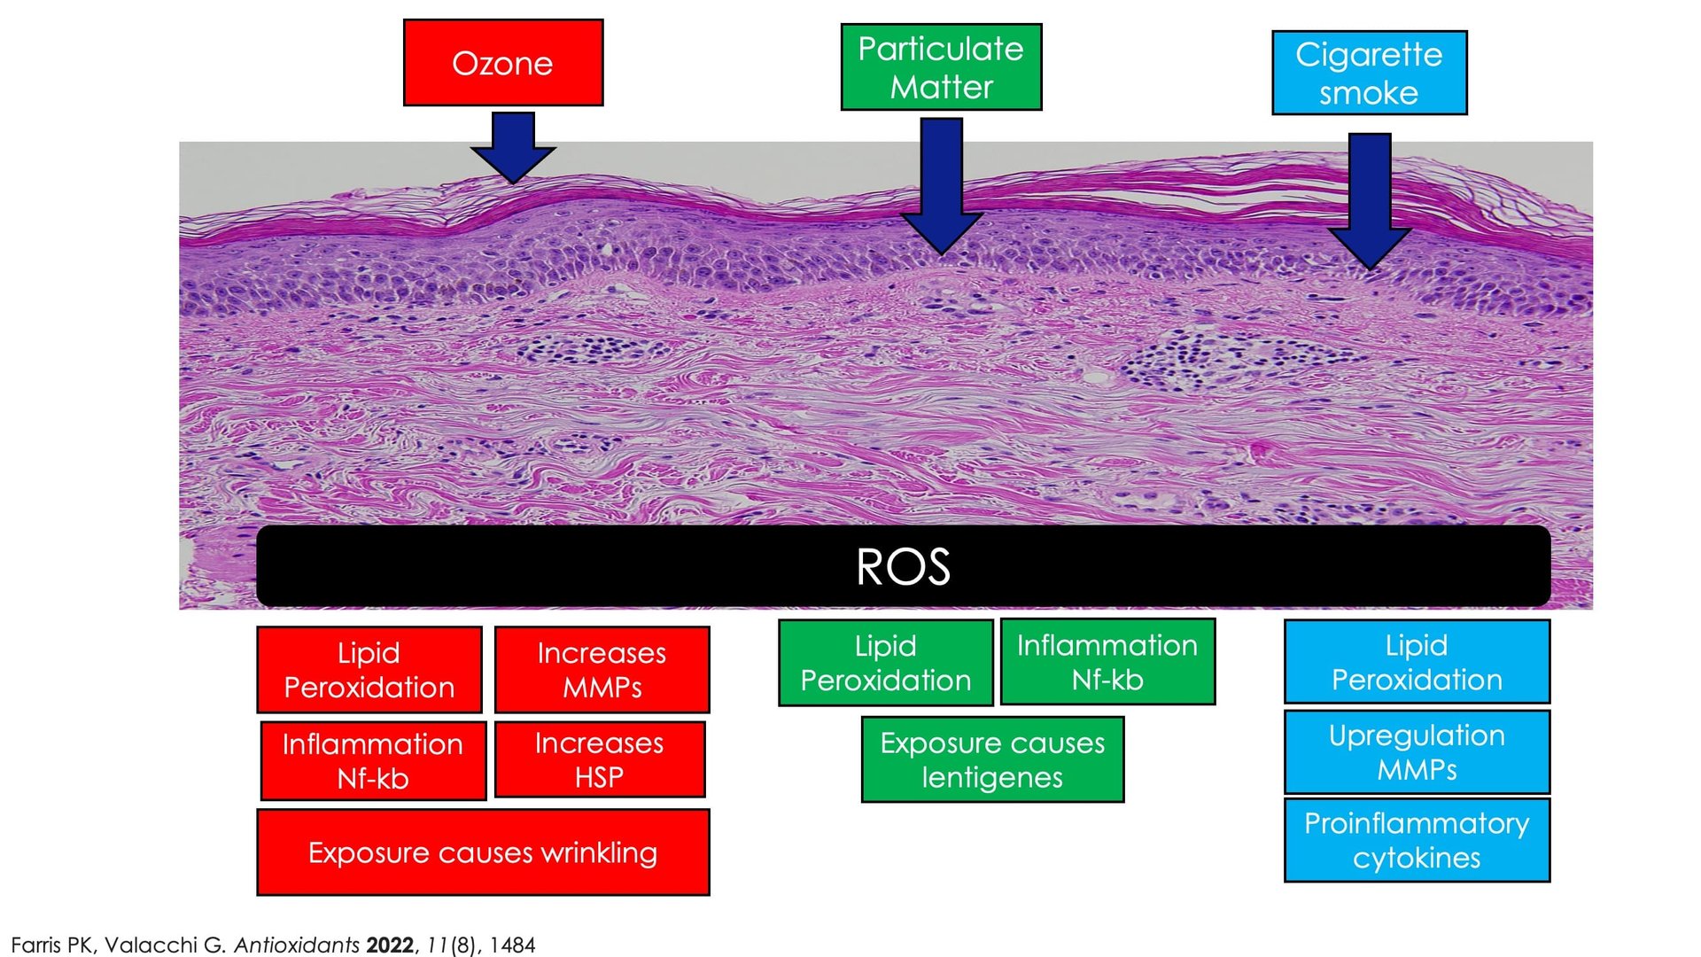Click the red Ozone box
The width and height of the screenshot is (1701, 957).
[503, 63]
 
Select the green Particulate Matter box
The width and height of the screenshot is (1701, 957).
[941, 67]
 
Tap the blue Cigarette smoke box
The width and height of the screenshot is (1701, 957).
[1370, 73]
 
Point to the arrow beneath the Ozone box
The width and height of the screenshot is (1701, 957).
[513, 147]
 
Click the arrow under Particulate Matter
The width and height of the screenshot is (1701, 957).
[941, 186]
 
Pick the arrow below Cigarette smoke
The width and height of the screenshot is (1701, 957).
[1370, 201]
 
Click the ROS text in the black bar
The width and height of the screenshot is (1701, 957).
[903, 566]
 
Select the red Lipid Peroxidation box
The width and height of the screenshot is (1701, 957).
[369, 670]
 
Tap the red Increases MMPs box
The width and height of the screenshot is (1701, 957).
[602, 670]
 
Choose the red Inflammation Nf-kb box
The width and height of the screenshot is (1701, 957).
[373, 760]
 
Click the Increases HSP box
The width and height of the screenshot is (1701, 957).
[600, 759]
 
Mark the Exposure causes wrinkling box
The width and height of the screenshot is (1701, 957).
[484, 852]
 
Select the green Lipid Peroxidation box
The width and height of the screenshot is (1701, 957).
[886, 663]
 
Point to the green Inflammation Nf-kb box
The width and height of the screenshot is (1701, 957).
[1107, 662]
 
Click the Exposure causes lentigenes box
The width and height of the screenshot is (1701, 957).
[992, 759]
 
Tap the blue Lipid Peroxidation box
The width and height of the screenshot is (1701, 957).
[1417, 662]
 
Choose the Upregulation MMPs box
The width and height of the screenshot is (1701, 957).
[1417, 751]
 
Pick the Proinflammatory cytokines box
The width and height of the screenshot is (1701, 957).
[1417, 840]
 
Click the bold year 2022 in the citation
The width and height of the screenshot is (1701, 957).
[390, 945]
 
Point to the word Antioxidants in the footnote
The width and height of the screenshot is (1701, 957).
[297, 945]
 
